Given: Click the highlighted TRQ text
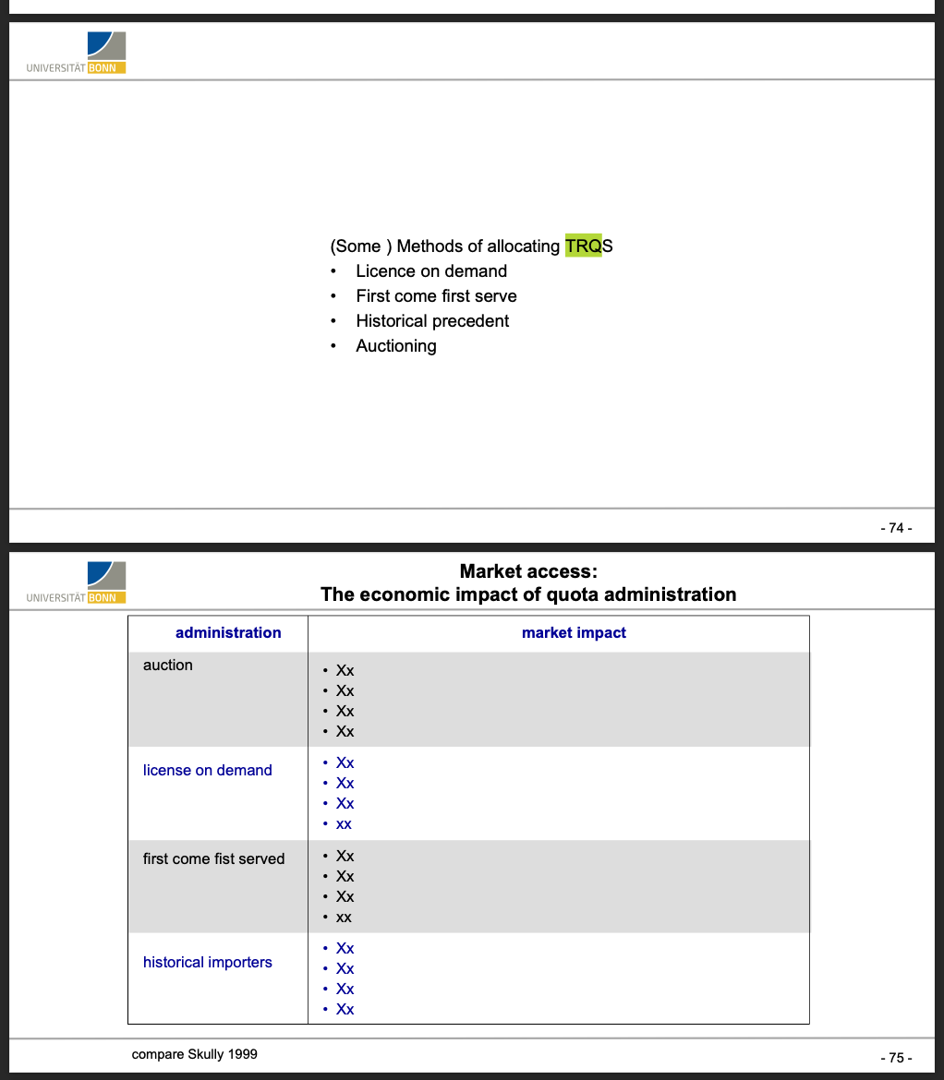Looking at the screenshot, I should coord(582,246).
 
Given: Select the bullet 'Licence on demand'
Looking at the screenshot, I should coord(431,271).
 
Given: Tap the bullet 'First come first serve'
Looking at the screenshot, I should coord(436,296).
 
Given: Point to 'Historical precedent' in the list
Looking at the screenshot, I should coord(432,321).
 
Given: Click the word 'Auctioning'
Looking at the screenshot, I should coord(396,346).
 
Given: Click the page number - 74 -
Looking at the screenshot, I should coord(895,528).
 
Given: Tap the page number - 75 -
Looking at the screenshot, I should coord(895,1058).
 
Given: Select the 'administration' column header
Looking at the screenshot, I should coord(228,632).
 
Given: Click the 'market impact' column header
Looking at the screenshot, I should coord(574,632).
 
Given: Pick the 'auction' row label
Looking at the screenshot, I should coord(168,665).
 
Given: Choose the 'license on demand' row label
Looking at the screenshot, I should coord(208,770).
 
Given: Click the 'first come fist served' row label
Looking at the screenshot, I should coord(213,858).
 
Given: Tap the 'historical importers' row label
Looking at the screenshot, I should coord(208,962).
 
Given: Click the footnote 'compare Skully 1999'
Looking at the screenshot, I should coord(195,1053).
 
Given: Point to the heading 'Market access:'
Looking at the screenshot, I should coord(528,571).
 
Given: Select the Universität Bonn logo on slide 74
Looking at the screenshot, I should coord(78,53).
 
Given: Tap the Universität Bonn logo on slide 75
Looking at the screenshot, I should coord(78,582).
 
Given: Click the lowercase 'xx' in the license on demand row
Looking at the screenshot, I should coord(345,824).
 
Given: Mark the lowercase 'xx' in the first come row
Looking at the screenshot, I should coord(345,918).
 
